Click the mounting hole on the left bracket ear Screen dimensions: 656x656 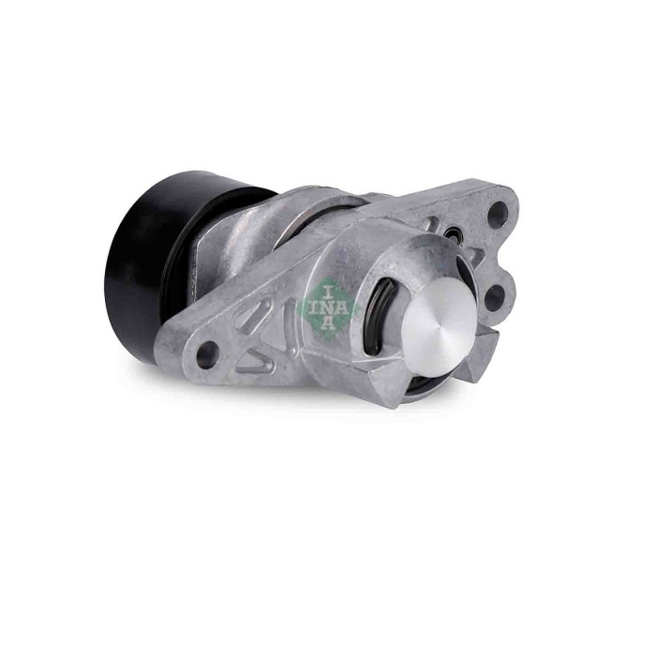coord(208,353)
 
